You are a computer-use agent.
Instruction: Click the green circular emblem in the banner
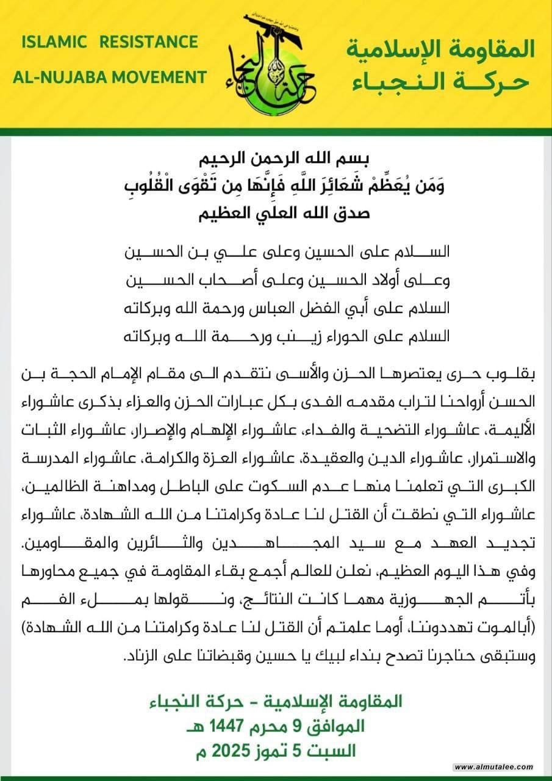[x=275, y=76]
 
